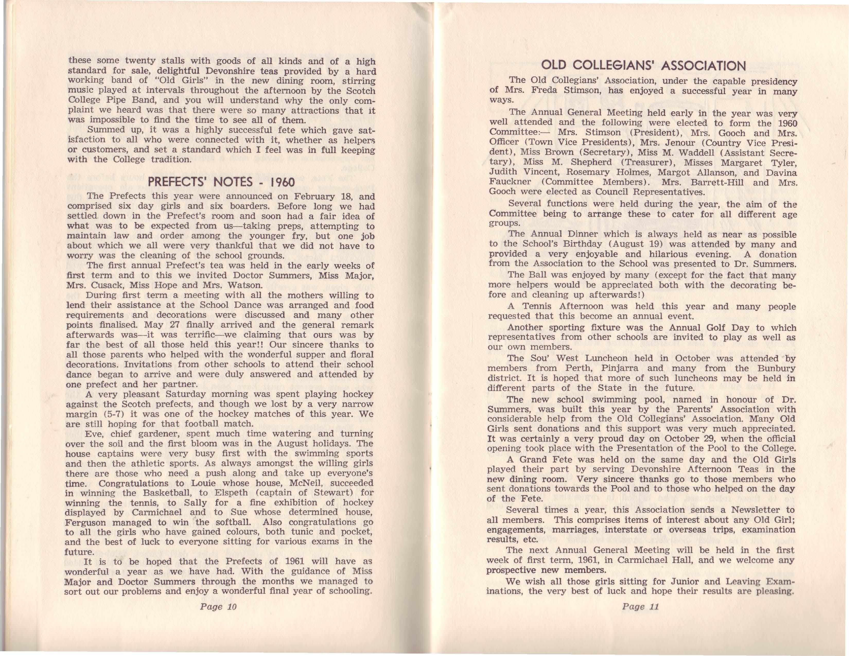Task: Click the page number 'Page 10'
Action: pyautogui.click(x=218, y=606)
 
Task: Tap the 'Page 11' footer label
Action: pyautogui.click(x=640, y=606)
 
